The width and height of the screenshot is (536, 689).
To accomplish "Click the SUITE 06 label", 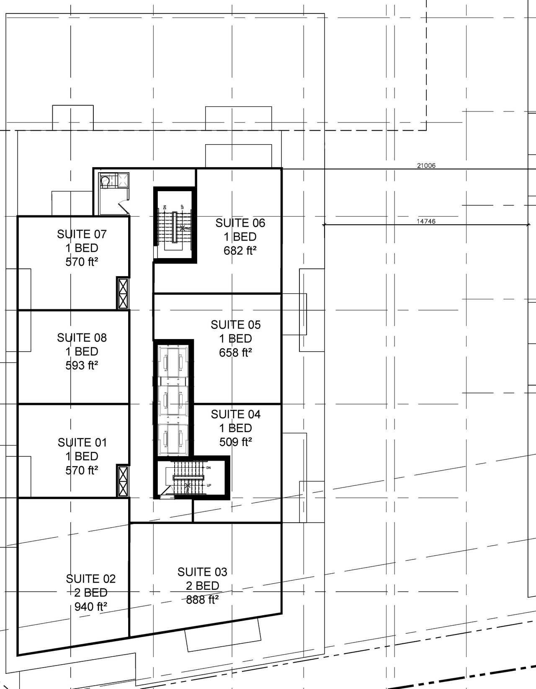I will point(240,223).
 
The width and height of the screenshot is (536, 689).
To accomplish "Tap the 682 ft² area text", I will point(240,251).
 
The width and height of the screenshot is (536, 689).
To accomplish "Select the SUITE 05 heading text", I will point(236,325).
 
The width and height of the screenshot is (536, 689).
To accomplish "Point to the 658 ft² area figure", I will point(235,352).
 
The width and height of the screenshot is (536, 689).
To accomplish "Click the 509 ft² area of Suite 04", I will point(236,442).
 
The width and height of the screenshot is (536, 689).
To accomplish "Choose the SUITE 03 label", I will point(202,572).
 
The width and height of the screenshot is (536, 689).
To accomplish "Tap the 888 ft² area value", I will point(202,600).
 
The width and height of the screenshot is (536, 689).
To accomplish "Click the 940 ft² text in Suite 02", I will point(91,606).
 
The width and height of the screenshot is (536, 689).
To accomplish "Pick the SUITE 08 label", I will point(82,338).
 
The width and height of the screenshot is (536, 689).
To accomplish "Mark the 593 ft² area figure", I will point(82,365).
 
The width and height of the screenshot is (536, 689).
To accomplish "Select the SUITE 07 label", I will point(82,234).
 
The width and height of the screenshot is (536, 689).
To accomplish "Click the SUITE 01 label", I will point(82,443).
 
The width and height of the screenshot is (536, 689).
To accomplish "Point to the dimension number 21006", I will point(426,166).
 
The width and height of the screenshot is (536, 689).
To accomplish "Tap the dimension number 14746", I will point(426,221).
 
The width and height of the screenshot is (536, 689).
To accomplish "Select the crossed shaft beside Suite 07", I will point(123,293).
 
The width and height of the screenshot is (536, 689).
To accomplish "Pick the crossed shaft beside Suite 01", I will point(123,481).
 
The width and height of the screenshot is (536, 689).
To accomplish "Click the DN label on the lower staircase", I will point(209,467).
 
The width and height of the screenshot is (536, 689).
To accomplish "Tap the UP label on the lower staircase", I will point(209,485).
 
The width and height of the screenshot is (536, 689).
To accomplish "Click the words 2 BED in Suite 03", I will point(202,586).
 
